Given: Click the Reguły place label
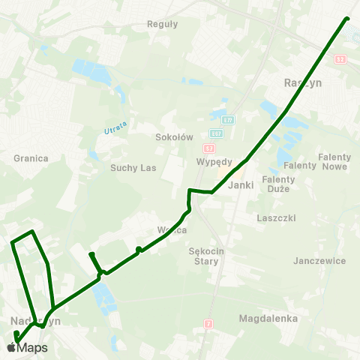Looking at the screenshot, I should (163, 23).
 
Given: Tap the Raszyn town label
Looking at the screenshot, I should (303, 83).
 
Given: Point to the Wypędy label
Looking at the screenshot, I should (214, 161).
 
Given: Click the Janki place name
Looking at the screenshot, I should (238, 184).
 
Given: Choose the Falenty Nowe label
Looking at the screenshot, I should (334, 161).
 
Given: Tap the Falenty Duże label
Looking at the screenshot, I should (278, 184).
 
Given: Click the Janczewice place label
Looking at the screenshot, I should (320, 260).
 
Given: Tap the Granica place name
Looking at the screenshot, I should (31, 158).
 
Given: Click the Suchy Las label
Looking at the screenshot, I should (133, 168).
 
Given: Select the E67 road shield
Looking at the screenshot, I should (216, 133).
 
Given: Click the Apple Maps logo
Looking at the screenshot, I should (27, 347).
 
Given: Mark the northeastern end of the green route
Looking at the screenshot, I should (347, 19).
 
